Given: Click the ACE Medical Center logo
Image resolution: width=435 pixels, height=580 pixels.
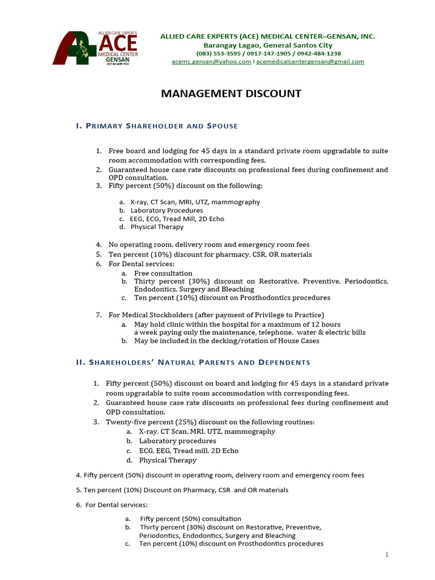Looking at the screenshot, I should coord(95,48).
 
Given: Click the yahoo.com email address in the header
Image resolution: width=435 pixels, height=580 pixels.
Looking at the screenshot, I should coord(211,62).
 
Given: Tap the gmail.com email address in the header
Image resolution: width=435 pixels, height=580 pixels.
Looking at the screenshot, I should coord(310,62).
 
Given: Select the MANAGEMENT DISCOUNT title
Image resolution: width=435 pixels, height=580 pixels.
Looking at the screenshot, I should coord(231,94).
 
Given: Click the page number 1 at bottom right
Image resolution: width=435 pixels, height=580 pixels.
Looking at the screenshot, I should coord(387,555).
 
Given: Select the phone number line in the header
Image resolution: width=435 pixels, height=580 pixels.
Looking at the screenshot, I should coord(268,53).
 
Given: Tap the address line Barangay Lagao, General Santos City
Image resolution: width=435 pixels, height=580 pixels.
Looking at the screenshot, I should coord(268,45).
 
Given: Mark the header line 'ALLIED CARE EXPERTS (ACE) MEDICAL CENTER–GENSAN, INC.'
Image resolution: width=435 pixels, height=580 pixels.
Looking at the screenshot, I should coord(268,36).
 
